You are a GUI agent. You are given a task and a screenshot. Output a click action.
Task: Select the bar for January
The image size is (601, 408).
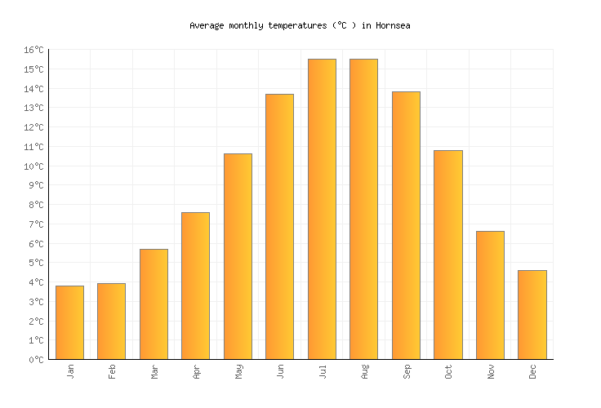pyautogui.click(x=69, y=322)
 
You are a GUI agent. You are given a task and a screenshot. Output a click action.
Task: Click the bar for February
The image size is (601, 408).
pyautogui.click(x=111, y=322)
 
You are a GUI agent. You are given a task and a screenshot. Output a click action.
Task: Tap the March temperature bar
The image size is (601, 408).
pyautogui.click(x=154, y=304)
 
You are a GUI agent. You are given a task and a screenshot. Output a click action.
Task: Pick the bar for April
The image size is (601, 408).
pyautogui.click(x=195, y=286)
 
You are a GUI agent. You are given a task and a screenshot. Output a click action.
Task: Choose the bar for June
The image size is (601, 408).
pyautogui.click(x=279, y=227)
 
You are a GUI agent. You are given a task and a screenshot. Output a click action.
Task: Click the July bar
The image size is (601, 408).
pyautogui.click(x=322, y=209)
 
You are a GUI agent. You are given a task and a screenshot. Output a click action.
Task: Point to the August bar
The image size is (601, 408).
pyautogui.click(x=363, y=209)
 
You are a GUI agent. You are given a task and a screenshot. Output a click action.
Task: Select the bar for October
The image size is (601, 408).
pyautogui.click(x=447, y=255)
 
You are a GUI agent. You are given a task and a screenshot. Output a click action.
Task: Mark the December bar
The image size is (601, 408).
pyautogui.click(x=532, y=315)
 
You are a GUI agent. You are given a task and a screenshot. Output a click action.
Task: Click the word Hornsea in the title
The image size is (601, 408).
pyautogui.click(x=393, y=25)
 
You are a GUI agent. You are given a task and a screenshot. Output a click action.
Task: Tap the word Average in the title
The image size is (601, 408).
pyautogui.click(x=205, y=25)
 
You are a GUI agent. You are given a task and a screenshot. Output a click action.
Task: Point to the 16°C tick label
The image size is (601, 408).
pyautogui.click(x=33, y=51)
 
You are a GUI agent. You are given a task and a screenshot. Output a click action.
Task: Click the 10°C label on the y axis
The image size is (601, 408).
pyautogui.click(x=33, y=166)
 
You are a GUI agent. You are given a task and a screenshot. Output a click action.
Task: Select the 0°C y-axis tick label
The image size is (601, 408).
pyautogui.click(x=36, y=360)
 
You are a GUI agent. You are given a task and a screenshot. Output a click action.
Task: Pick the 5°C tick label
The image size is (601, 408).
pyautogui.click(x=36, y=264)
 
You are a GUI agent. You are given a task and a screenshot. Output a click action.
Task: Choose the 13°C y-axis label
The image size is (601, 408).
pyautogui.click(x=33, y=109)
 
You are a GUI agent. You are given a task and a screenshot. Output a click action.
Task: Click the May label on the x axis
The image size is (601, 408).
pyautogui.click(x=238, y=372)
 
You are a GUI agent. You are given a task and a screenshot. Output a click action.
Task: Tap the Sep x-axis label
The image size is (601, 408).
pyautogui.click(x=407, y=372)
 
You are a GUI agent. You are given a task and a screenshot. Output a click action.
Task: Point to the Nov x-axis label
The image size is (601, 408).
pyautogui.click(x=491, y=372)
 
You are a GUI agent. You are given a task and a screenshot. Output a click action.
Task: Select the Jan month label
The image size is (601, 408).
pyautogui.click(x=70, y=372)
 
